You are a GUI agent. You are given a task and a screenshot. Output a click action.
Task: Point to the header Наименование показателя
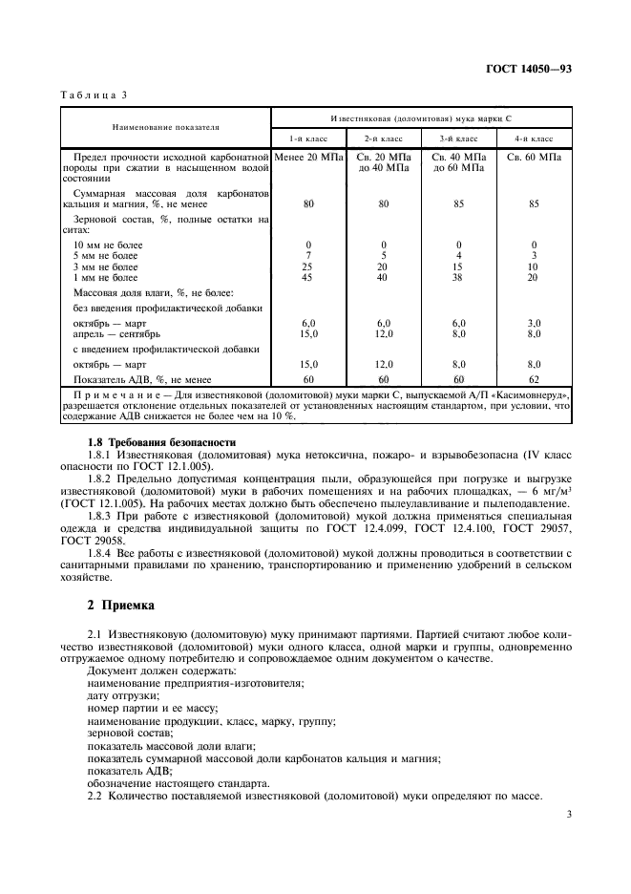tap(165, 126)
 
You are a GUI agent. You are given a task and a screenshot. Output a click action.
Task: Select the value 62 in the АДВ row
tap(535, 378)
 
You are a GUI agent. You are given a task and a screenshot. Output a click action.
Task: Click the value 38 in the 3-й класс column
tap(459, 278)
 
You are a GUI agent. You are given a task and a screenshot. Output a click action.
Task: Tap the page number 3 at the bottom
tap(568, 815)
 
